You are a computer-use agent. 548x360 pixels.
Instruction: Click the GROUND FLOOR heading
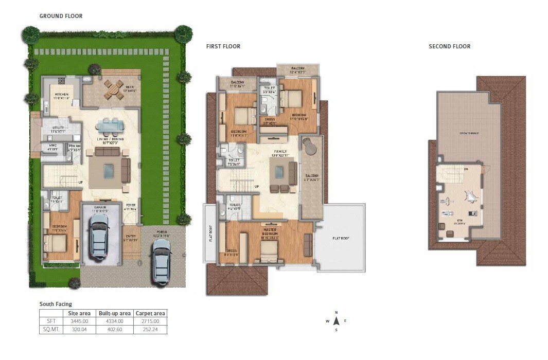(61, 16)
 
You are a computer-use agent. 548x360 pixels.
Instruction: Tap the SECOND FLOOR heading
(449, 46)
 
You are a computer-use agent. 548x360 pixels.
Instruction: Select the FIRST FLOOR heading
(223, 46)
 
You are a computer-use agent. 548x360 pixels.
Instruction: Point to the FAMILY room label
(280, 152)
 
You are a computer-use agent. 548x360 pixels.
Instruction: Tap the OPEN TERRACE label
(469, 133)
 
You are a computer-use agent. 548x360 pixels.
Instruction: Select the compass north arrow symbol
(336, 321)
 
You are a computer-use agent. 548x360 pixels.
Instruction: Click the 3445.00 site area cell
(80, 321)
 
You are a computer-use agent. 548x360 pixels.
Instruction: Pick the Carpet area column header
(150, 313)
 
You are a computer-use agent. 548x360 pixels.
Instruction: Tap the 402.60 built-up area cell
(114, 330)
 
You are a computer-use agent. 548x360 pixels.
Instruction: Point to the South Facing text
(56, 304)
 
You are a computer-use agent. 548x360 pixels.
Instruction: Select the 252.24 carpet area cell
(150, 330)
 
